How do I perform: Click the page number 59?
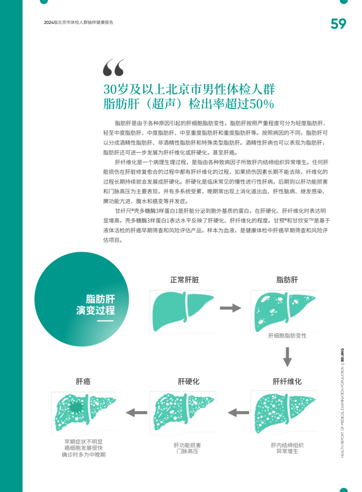coord(339,23)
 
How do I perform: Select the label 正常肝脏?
coord(184,280)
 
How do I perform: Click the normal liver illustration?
coord(182,308)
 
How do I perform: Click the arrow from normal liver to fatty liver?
coord(230,308)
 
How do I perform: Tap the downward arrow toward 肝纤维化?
coord(287,356)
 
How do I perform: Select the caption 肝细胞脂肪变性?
coord(287,336)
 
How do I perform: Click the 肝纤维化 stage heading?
coord(287,381)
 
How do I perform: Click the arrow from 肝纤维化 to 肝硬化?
coord(239,412)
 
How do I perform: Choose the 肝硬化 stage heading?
coord(188,381)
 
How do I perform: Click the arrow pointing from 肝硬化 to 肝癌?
coord(137,412)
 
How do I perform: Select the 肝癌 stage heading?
coord(83,381)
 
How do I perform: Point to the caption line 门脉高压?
coord(188,451)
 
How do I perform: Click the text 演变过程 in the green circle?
coord(96,310)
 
